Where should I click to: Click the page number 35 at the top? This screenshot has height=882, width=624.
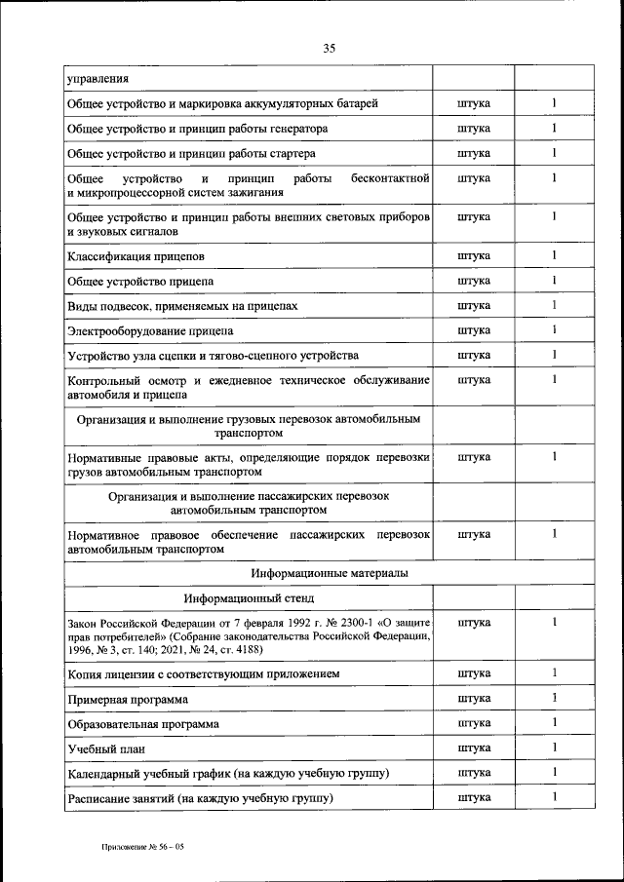[329, 48]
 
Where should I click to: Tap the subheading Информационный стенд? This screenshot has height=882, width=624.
[248, 597]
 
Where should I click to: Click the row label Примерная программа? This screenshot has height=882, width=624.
[128, 699]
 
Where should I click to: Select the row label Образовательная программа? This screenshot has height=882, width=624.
[142, 723]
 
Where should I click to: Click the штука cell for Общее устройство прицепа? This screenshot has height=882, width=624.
[473, 281]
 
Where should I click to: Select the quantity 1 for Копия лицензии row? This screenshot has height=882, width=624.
[553, 672]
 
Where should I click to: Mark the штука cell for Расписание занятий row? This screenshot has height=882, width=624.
[473, 797]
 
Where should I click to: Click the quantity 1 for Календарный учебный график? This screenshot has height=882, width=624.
[553, 772]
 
